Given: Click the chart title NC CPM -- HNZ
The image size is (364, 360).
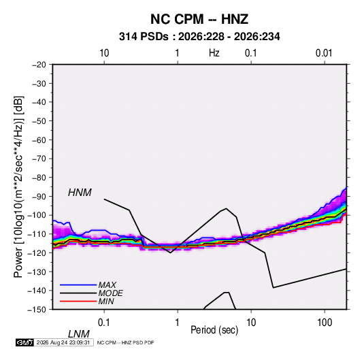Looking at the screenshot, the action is point(199,19).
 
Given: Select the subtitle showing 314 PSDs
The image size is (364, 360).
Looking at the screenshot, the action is point(199,37).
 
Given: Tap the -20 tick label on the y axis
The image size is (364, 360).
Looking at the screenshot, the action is point(39,65).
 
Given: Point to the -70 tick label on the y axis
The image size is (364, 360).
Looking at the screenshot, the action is point(39,159).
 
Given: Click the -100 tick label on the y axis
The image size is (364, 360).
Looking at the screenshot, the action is point(37,215).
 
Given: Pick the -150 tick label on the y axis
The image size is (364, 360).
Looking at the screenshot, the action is point(37,310).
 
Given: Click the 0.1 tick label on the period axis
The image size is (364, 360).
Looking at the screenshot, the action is point(103,323).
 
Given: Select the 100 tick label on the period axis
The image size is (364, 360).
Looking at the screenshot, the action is point(325,323).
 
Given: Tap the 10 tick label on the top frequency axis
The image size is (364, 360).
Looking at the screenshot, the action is point(104,53).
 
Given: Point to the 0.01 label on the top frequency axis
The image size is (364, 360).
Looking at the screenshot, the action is point(324,53).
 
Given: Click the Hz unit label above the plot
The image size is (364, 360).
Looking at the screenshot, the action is point(214,53).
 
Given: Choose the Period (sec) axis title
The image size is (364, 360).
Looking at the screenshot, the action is point(214,330).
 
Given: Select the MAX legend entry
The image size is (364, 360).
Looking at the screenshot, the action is point(107,285).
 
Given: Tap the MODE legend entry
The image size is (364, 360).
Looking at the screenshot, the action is point(110,293).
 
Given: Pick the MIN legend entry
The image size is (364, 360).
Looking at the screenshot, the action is point(106,301).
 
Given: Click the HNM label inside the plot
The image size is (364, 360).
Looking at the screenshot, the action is point(80,193).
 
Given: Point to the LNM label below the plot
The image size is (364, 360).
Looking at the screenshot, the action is point(79,334).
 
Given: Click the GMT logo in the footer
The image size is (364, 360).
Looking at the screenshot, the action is point(24,342).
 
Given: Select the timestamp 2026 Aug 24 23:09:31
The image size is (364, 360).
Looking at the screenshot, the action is point(63,342).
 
